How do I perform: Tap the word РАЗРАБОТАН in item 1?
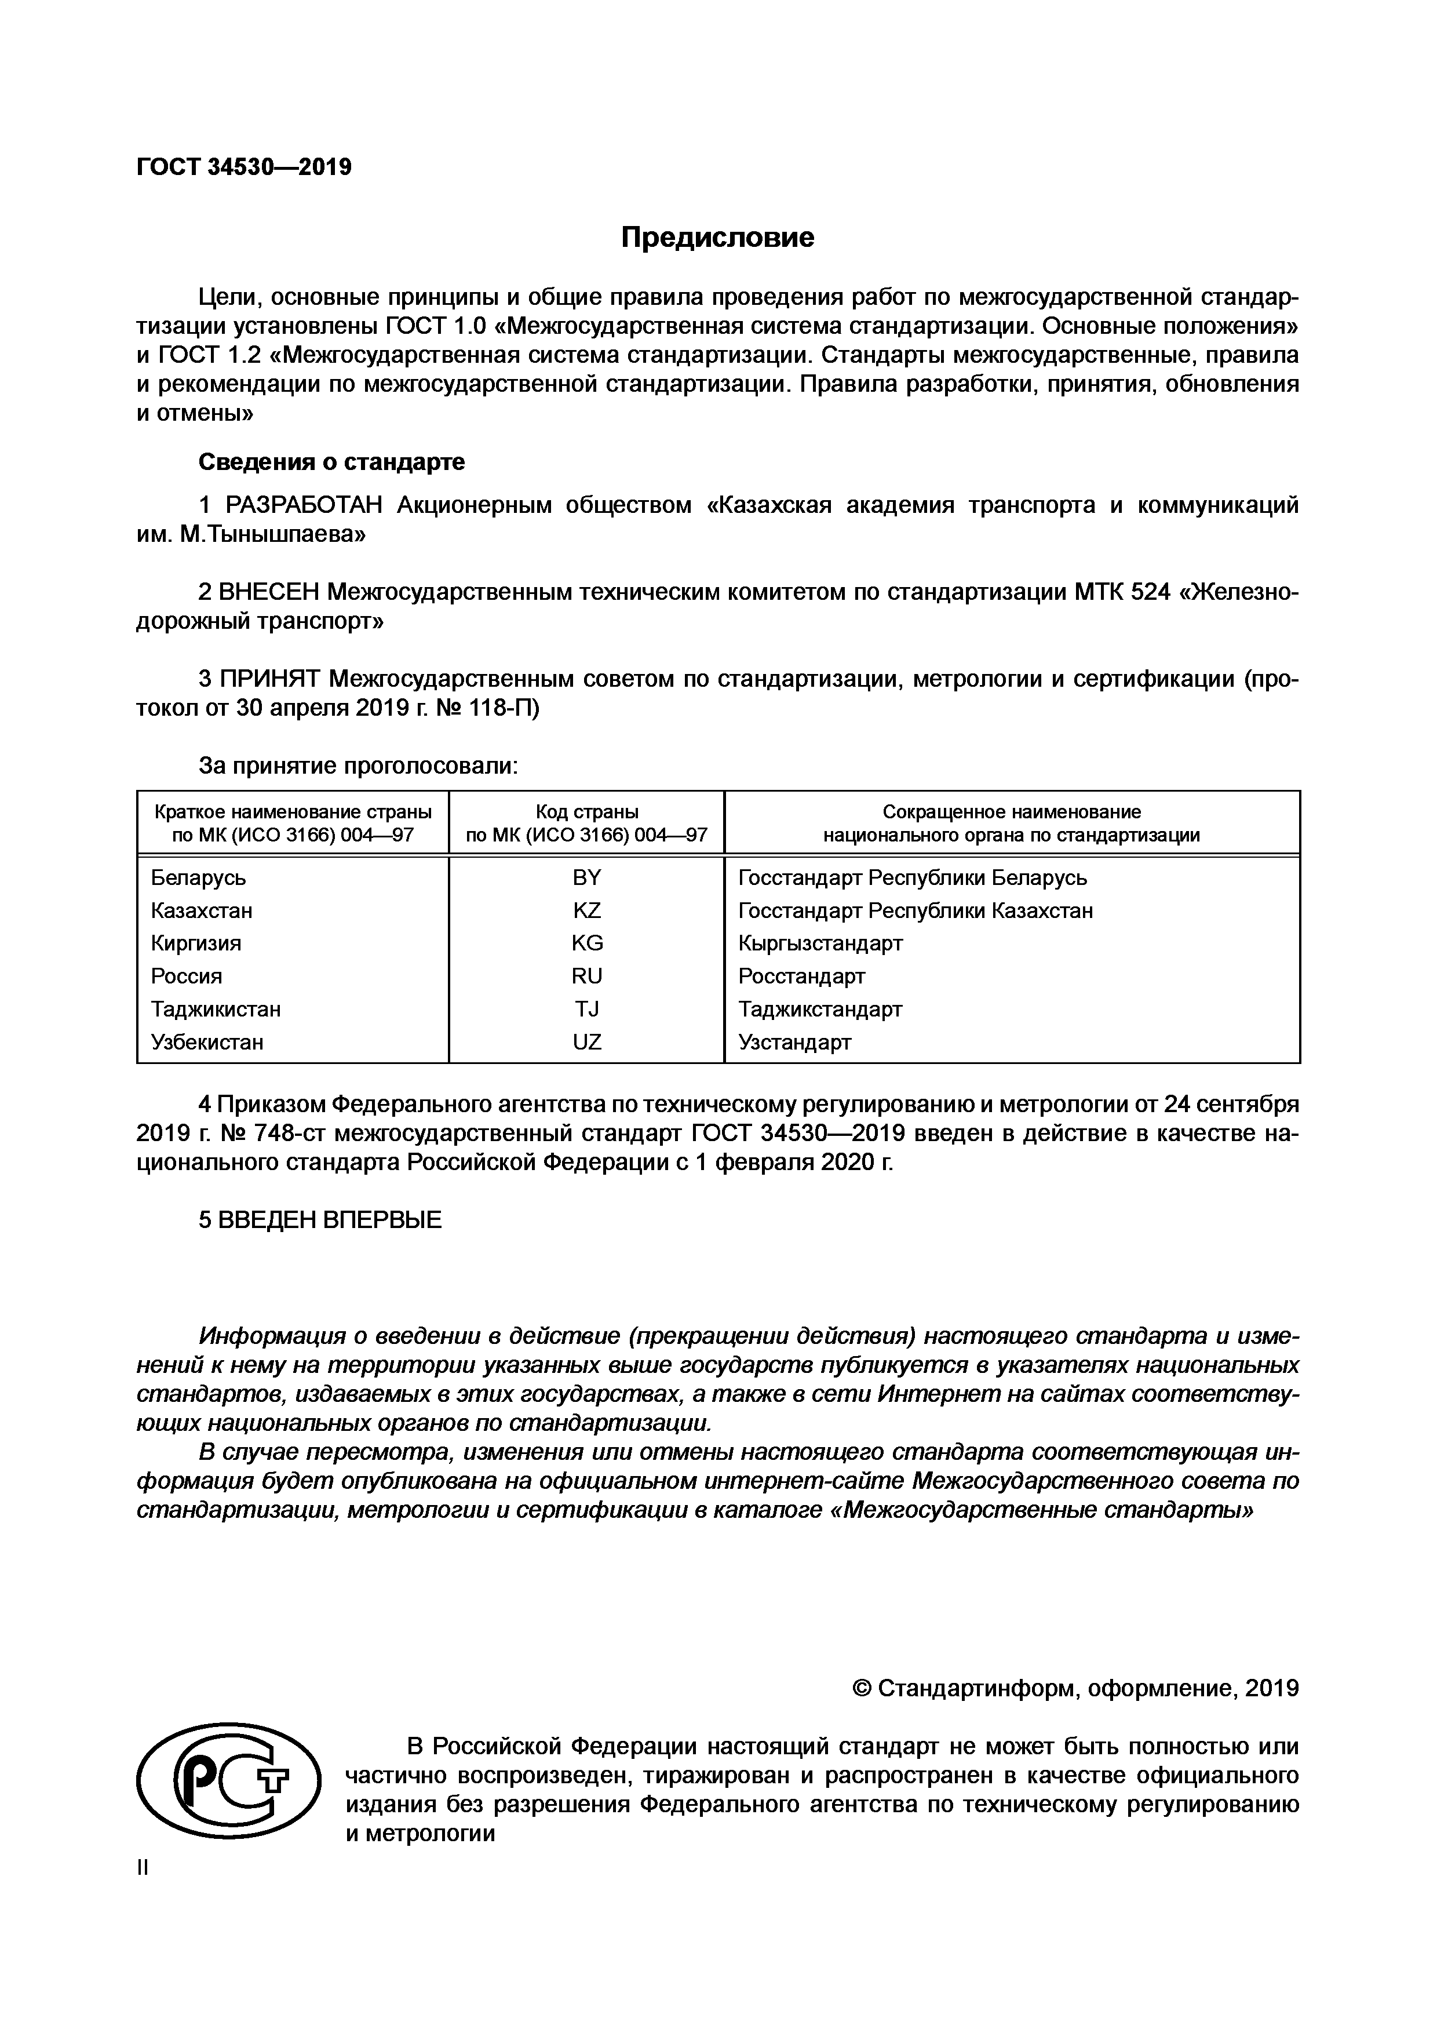(x=304, y=505)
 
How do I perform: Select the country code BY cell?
(x=586, y=877)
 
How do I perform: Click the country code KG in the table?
(x=586, y=943)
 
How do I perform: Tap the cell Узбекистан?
(x=207, y=1042)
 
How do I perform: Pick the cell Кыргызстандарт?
(x=820, y=943)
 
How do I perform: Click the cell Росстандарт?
(x=801, y=976)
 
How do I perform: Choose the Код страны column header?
(x=586, y=812)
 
